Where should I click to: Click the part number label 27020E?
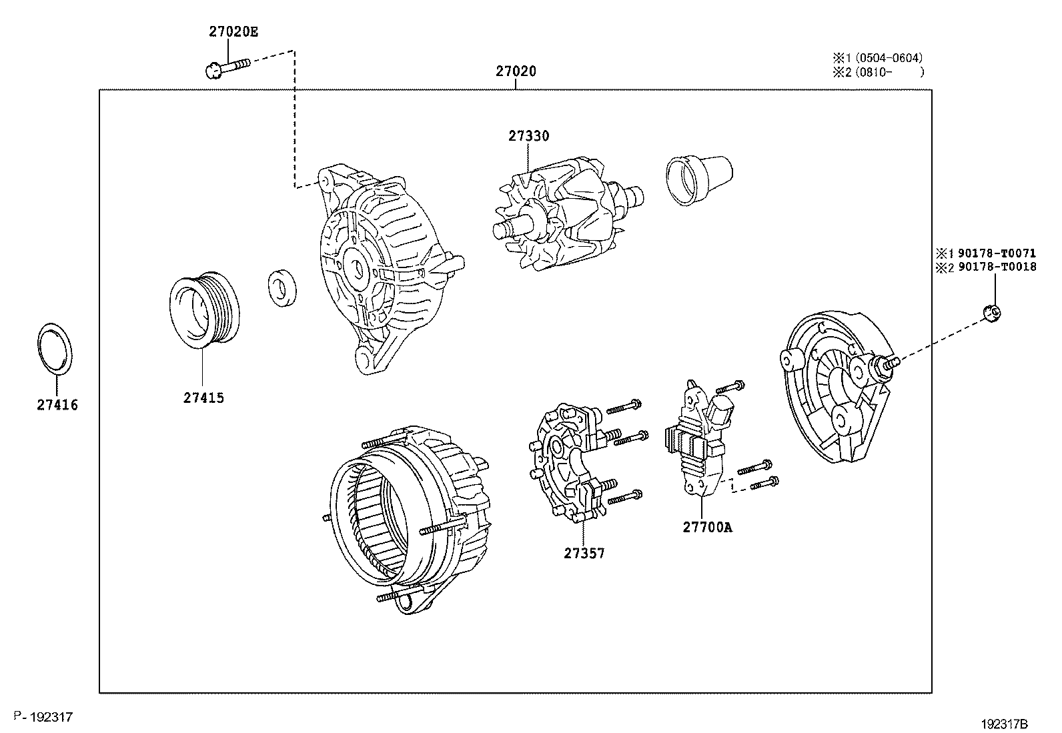click(228, 31)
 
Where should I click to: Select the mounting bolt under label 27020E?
click(227, 66)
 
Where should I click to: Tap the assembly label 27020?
click(516, 71)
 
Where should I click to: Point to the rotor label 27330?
click(529, 136)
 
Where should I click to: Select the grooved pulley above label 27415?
click(201, 309)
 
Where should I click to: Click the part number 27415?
click(203, 398)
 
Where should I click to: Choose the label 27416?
click(57, 405)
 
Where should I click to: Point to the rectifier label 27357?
click(584, 553)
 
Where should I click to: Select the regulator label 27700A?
click(706, 527)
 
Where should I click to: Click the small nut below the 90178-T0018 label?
click(993, 311)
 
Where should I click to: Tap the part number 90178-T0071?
click(997, 253)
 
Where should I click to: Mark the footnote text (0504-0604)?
click(891, 58)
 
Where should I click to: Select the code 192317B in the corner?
click(1004, 723)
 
